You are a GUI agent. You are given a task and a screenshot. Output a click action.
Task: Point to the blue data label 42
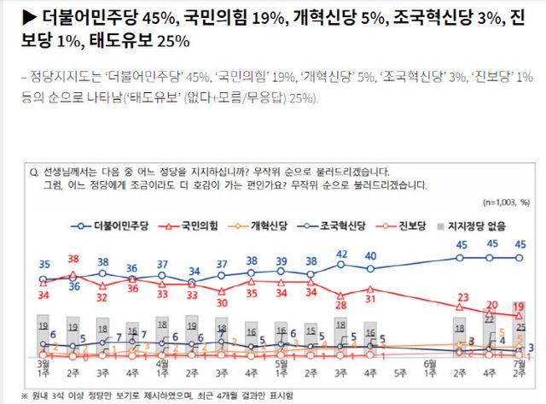click(x=341, y=254)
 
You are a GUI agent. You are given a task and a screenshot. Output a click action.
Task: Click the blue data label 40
click(x=371, y=256)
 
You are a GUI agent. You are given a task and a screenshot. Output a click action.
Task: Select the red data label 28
click(x=341, y=305)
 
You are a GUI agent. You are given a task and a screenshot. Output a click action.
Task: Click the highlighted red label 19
click(x=518, y=306)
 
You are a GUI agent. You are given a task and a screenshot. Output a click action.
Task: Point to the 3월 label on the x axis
click(x=44, y=363)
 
